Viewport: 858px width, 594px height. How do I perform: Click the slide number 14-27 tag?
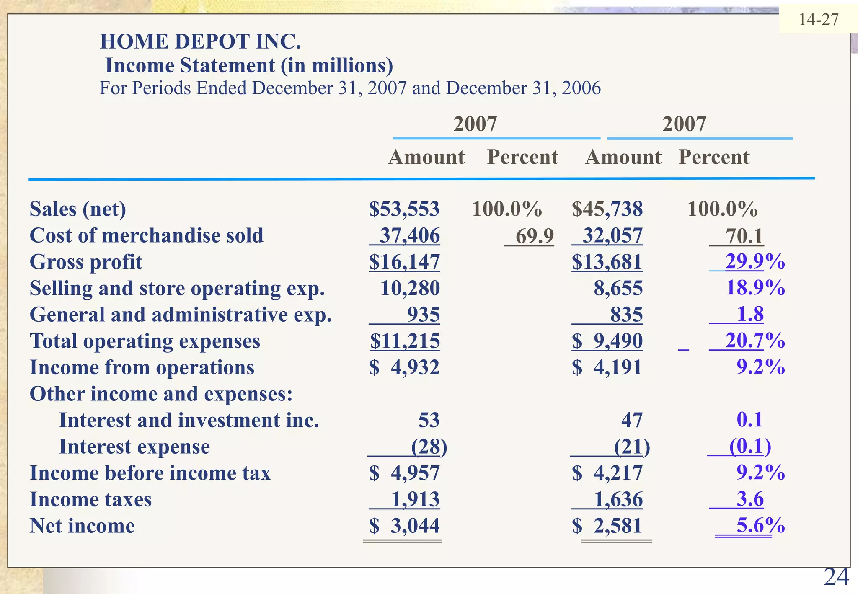[819, 20]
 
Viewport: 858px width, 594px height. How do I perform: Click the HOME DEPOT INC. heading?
[200, 41]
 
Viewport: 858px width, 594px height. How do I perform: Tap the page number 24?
[836, 577]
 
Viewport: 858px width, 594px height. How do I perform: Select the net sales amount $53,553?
[404, 209]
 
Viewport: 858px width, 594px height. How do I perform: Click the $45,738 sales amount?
[607, 209]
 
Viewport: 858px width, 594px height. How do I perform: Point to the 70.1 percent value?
[744, 236]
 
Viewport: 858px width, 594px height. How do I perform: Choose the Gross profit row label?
[86, 262]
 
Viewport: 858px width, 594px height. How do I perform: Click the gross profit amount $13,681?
[607, 262]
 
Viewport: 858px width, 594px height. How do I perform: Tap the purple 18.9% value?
[755, 288]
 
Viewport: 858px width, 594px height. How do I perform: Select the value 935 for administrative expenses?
[424, 315]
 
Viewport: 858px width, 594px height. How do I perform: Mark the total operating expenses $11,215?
[405, 341]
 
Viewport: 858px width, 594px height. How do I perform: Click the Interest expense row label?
[134, 447]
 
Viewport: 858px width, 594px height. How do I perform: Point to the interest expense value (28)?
[429, 447]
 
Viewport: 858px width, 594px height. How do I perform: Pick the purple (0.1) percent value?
[750, 446]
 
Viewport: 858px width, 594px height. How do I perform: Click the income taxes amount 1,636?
[618, 499]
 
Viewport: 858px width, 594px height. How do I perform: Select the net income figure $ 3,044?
[404, 526]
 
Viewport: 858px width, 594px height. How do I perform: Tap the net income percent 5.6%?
[760, 525]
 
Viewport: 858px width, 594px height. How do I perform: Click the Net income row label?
[82, 526]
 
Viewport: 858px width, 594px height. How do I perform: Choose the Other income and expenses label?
[161, 394]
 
